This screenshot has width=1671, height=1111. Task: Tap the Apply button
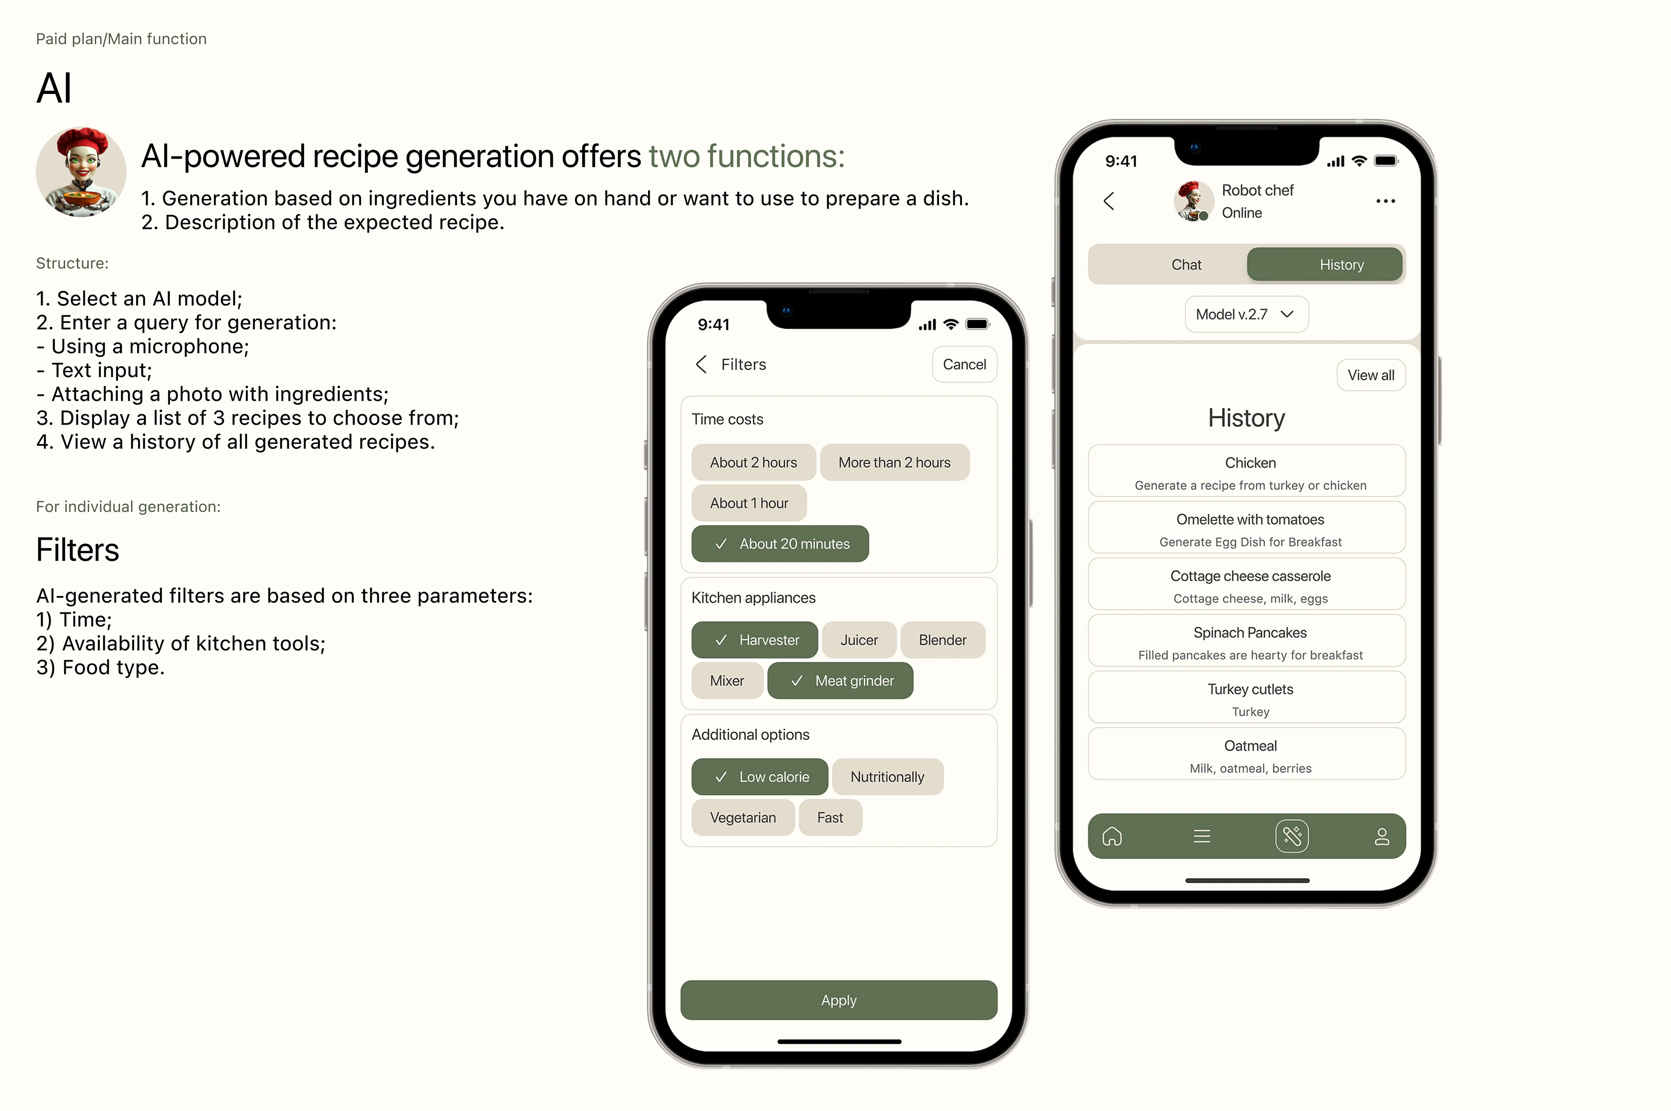(839, 1000)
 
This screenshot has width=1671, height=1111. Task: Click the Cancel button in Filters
(964, 364)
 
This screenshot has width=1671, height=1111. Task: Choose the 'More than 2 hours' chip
(894, 462)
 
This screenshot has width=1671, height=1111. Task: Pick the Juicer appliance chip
(859, 640)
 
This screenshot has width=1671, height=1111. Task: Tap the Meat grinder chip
(840, 680)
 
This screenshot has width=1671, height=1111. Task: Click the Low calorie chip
(760, 776)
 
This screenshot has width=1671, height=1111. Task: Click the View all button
(1371, 375)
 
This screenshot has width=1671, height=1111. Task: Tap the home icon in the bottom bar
(1112, 836)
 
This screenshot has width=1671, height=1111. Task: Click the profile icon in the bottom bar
(1381, 836)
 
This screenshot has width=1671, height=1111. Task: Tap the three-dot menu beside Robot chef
(1386, 201)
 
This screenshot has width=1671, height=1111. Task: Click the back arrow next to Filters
(701, 364)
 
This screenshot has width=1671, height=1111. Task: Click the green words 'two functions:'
(746, 156)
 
